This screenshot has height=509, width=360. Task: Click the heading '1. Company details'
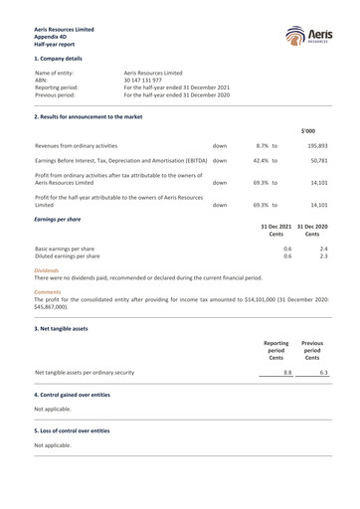[58, 59]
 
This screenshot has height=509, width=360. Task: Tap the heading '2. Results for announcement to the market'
[88, 117]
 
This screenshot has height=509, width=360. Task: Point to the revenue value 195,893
[317, 145]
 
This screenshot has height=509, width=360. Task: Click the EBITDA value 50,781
[319, 160]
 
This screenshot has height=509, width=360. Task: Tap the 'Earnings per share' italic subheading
[58, 218]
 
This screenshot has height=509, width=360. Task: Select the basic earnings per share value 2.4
[323, 249]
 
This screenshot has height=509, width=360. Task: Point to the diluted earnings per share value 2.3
[323, 256]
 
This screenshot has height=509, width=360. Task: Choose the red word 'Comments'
[48, 292]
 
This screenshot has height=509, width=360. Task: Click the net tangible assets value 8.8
[287, 373]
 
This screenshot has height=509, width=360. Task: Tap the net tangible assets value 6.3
[323, 373]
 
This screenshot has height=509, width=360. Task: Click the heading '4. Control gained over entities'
[72, 395]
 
